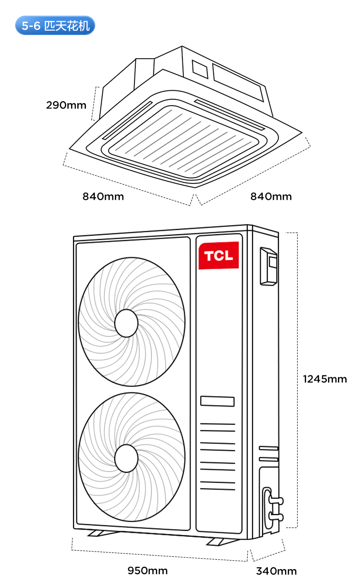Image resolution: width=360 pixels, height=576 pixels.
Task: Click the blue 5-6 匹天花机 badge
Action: click(55, 25)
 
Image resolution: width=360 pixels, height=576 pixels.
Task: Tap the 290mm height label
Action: click(66, 105)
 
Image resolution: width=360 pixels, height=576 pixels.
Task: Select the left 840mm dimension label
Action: click(103, 196)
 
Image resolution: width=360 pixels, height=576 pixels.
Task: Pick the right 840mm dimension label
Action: click(271, 196)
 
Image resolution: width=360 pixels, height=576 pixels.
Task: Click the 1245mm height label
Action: click(324, 379)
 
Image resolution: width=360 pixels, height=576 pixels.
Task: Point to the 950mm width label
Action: click(147, 570)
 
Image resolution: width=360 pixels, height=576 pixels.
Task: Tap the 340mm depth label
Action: click(276, 571)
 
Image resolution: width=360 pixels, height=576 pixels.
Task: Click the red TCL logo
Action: click(219, 255)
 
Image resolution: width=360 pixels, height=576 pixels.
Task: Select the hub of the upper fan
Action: click(126, 323)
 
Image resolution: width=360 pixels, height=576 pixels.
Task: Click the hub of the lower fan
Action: click(126, 458)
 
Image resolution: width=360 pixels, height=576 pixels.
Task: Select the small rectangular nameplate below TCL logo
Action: click(217, 401)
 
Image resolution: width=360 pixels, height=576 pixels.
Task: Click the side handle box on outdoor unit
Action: click(269, 265)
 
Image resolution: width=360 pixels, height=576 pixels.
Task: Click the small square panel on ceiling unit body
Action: click(200, 69)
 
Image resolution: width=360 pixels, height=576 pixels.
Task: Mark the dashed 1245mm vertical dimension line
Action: click(298, 379)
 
